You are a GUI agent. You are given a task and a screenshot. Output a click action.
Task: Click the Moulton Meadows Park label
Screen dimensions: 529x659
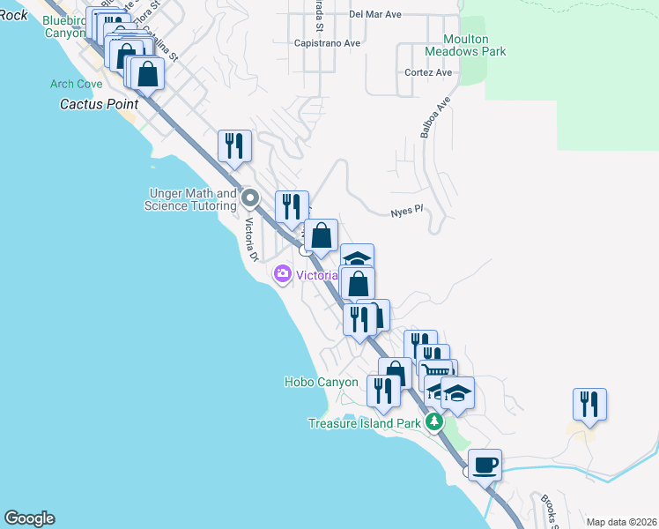tap(474, 45)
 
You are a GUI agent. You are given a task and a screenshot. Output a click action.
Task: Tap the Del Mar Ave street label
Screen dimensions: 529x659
tap(374, 15)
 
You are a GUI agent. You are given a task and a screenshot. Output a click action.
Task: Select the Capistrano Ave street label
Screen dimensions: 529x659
tap(328, 42)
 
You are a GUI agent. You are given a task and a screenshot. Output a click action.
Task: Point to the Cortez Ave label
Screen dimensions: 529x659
tap(428, 73)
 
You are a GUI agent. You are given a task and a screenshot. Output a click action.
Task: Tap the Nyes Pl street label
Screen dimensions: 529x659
tap(408, 212)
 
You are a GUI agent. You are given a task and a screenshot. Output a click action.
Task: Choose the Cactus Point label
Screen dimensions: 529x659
tap(93, 104)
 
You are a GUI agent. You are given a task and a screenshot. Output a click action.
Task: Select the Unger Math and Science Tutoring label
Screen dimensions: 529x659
tap(191, 199)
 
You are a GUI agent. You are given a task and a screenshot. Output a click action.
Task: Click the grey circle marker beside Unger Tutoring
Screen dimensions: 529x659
tap(249, 197)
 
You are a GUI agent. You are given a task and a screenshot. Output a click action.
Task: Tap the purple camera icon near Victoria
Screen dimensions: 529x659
tap(283, 274)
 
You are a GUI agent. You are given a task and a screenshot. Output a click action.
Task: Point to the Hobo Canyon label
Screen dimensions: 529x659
tap(321, 382)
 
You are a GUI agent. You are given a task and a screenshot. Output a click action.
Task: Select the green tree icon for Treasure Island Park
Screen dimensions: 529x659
tap(433, 423)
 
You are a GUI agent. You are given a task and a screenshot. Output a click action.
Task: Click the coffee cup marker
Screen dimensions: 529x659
tap(484, 464)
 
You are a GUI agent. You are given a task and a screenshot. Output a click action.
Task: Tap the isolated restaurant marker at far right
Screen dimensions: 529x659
tap(589, 404)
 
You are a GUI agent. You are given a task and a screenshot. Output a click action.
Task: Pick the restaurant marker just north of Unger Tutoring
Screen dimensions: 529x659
tap(234, 145)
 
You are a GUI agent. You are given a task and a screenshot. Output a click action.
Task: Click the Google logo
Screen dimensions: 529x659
tap(29, 518)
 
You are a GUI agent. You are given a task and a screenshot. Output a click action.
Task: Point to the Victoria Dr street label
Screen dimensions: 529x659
tap(250, 239)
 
